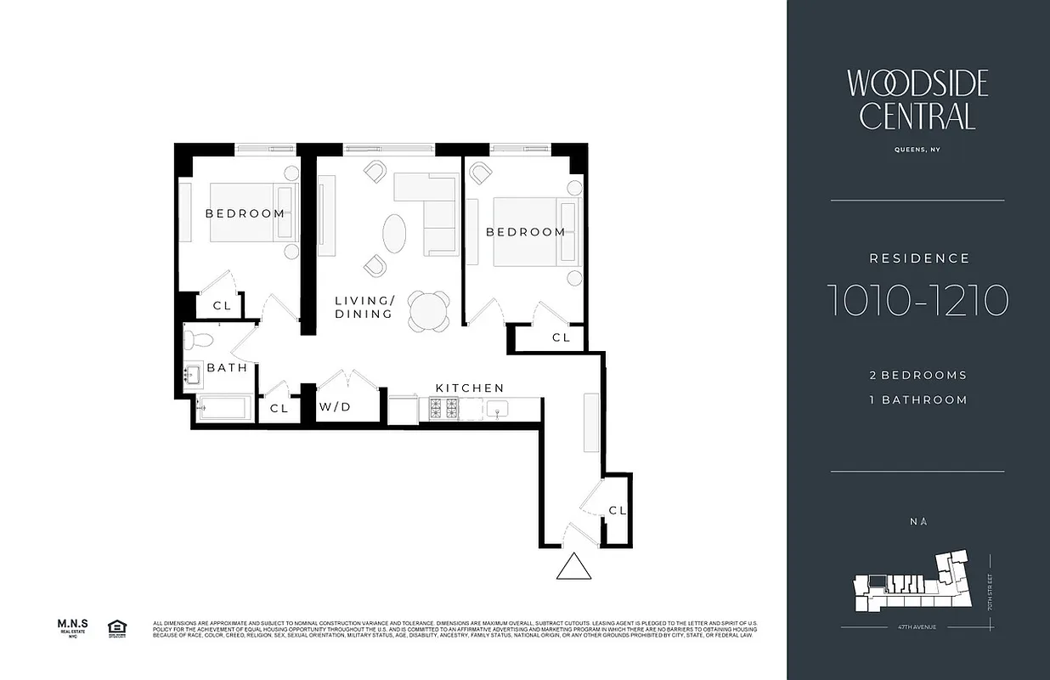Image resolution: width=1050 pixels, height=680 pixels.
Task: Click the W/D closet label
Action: click(x=335, y=407)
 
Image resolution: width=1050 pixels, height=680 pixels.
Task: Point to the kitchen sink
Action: click(x=496, y=410)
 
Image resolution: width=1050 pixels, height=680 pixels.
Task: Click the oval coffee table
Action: click(x=394, y=232)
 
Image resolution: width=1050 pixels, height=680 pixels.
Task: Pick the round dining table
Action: click(x=429, y=311)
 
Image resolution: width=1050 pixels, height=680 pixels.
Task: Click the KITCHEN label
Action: click(x=470, y=388)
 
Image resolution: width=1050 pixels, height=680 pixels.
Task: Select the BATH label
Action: click(x=227, y=368)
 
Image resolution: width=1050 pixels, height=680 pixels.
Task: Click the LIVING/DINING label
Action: click(x=364, y=307)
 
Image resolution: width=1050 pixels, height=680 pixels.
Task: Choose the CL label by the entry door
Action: click(x=618, y=511)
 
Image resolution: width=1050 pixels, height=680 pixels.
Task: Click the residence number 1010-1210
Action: click(x=917, y=299)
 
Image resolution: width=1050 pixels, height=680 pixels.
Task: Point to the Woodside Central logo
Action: click(x=917, y=99)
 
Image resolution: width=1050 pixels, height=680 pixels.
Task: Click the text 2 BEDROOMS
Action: click(x=917, y=375)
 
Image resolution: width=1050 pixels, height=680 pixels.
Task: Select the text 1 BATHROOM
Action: click(x=917, y=399)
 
